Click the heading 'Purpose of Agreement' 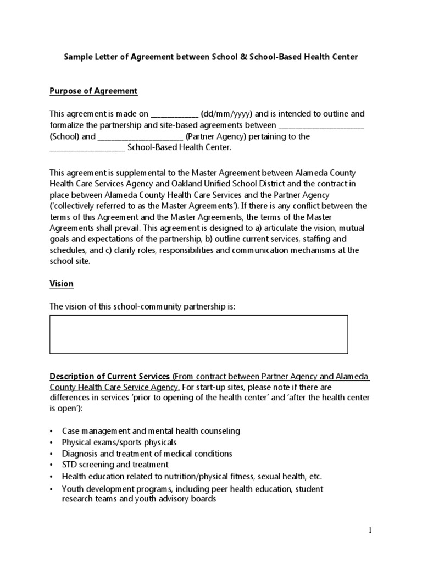tap(93, 91)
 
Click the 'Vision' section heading tap(62, 284)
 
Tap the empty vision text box tap(198, 334)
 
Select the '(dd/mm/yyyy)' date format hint tap(226, 114)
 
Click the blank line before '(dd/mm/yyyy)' tap(174, 115)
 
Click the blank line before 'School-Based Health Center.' tap(87, 148)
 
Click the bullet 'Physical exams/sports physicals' tap(119, 443)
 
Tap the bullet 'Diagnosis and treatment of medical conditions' tap(147, 454)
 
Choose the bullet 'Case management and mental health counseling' tap(151, 431)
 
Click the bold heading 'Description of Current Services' tap(109, 377)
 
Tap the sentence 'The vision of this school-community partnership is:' tap(142, 306)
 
